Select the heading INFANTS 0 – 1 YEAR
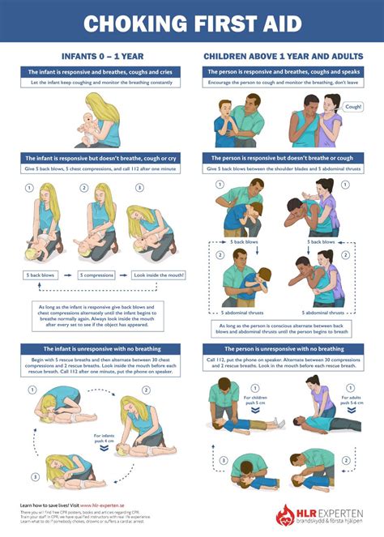click(96, 58)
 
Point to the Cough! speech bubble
click(353, 106)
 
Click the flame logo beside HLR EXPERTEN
click(284, 516)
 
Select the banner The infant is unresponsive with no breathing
click(96, 348)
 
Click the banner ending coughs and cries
click(96, 72)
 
